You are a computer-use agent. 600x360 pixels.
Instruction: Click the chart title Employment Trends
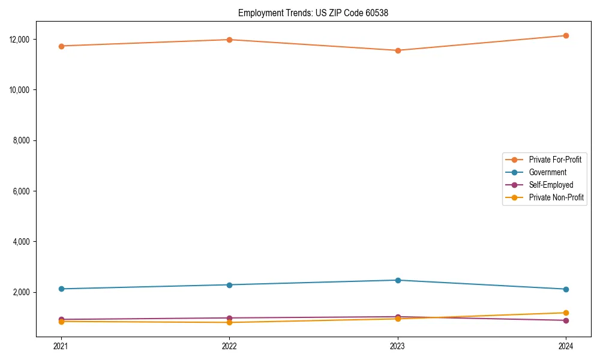coord(313,13)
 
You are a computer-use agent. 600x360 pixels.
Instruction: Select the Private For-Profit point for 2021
coord(61,46)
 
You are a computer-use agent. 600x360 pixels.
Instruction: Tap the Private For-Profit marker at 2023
coord(398,50)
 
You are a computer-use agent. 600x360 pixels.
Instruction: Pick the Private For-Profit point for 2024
coord(566,36)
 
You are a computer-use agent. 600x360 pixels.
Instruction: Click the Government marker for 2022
coord(229,285)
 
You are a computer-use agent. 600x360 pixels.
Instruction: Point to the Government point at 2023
coord(398,280)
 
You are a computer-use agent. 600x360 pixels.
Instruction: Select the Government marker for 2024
coord(566,289)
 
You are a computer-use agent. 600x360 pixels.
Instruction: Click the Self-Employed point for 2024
coord(566,320)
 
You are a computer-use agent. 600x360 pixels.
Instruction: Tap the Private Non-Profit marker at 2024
coord(566,313)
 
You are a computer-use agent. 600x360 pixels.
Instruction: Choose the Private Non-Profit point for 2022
coord(229,323)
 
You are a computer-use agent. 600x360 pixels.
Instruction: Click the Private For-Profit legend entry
coord(554,160)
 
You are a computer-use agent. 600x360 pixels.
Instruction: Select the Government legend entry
coord(547,172)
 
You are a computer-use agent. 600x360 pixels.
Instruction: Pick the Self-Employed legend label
coord(551,185)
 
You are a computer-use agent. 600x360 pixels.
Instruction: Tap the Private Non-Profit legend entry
coord(556,197)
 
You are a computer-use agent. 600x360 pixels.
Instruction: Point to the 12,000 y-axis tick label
coord(20,40)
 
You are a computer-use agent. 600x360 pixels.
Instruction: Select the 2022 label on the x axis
coord(229,346)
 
